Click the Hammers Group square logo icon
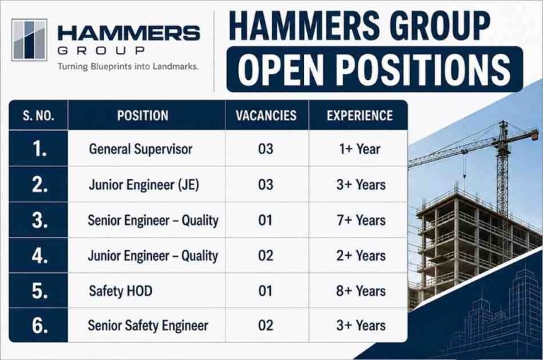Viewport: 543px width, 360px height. tap(30, 40)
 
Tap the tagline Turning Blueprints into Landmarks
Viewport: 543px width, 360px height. tap(128, 66)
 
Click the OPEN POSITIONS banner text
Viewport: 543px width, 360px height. tap(374, 69)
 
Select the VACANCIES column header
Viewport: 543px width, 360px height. tap(267, 115)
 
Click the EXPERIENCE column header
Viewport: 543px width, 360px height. tap(359, 115)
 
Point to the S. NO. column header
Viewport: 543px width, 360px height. tap(38, 115)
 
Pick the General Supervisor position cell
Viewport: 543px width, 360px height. tap(141, 149)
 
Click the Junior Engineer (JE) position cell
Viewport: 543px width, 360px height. tap(144, 185)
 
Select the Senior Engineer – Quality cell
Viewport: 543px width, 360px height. tap(153, 221)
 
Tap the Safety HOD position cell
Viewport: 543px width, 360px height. tap(120, 291)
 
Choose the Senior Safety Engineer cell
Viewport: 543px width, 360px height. tap(148, 326)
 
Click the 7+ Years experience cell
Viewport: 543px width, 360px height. tap(361, 221)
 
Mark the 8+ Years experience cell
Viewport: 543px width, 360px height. tap(361, 291)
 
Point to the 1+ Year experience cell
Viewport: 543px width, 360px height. tap(359, 149)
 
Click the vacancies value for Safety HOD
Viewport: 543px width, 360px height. tap(265, 291)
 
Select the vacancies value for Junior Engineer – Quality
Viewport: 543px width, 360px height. tap(265, 255)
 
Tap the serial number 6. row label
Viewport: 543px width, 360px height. tap(40, 326)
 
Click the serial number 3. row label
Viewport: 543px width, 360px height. tap(40, 221)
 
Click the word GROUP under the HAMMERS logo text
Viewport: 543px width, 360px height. tap(101, 51)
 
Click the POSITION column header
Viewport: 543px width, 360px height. tap(143, 115)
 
